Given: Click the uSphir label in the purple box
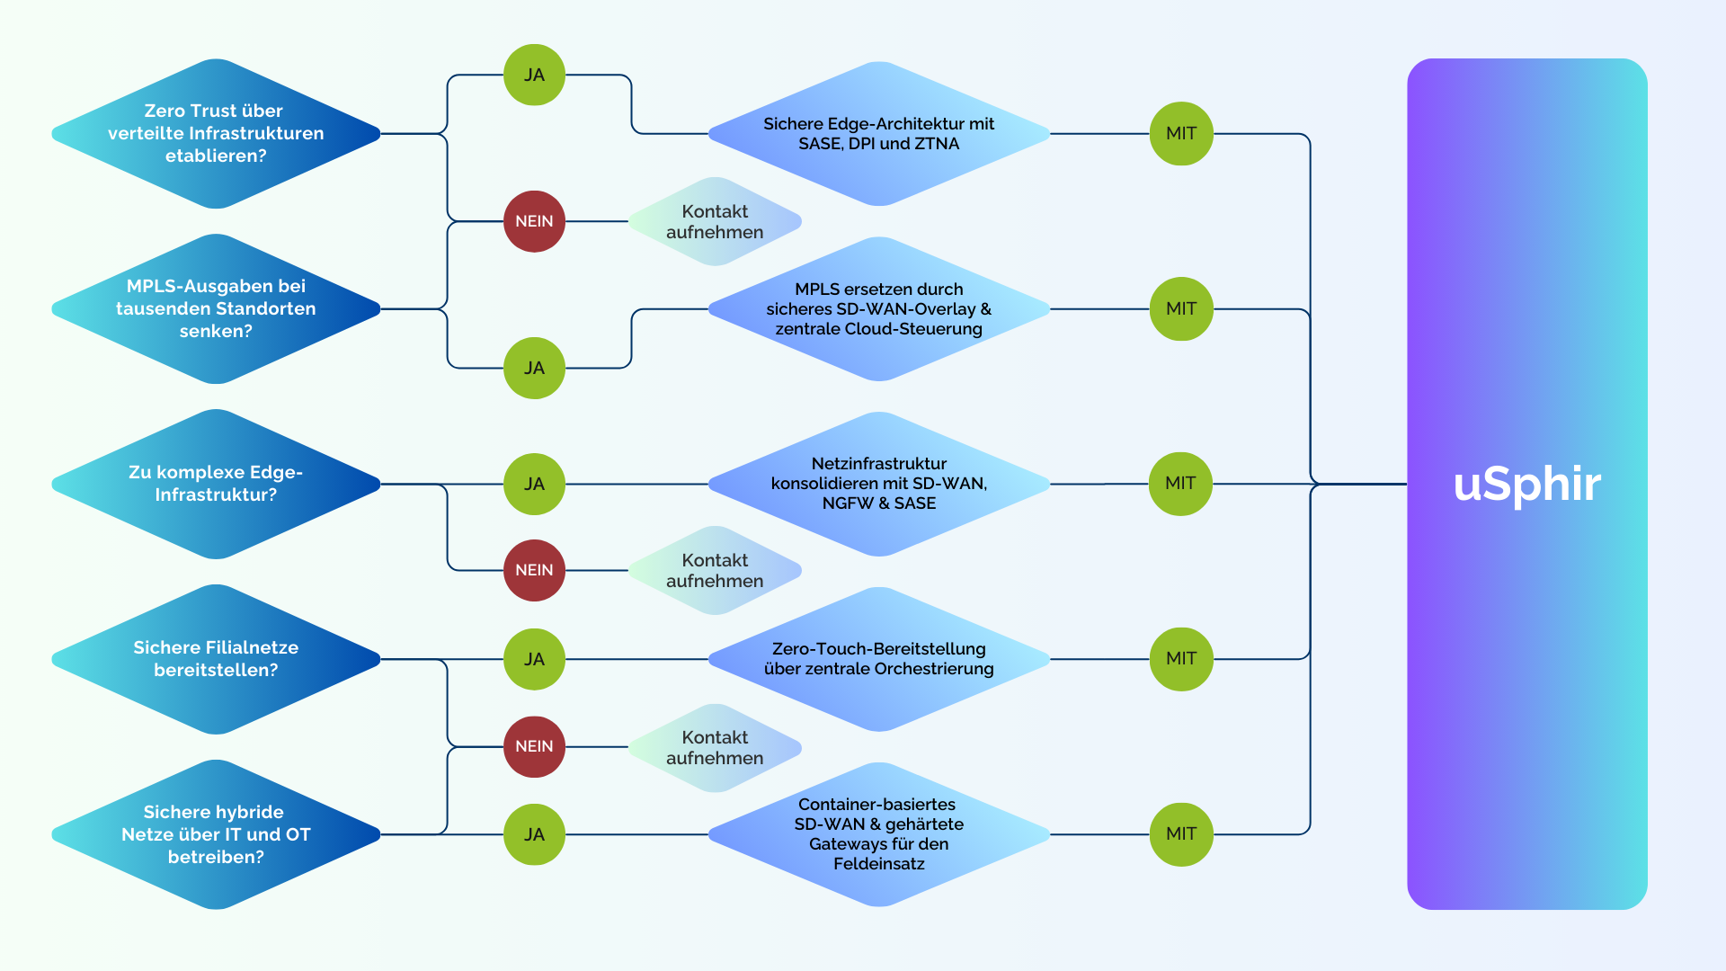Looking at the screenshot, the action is (1526, 484).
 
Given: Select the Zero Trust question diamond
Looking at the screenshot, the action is (216, 134).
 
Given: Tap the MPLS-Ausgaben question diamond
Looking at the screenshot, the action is (216, 309).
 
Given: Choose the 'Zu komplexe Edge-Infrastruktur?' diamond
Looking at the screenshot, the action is (216, 484).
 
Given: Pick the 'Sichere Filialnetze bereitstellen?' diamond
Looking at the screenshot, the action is (216, 659).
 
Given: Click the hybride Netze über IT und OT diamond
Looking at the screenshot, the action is (216, 834).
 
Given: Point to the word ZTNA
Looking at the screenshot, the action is (937, 144).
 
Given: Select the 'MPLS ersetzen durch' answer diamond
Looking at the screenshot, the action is (879, 309).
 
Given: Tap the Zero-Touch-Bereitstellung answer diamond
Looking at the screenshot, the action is (879, 659).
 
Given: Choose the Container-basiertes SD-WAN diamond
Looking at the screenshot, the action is (879, 834).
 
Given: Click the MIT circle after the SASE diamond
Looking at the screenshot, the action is (1181, 134).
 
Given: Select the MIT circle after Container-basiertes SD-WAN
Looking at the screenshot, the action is (1181, 834).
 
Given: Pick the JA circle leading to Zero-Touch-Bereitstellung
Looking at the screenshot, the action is (534, 659).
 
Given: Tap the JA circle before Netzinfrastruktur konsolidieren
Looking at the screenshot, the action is (534, 484).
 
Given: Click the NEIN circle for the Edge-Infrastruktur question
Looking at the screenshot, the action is (534, 570).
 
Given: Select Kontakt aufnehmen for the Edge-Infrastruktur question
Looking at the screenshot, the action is (715, 570).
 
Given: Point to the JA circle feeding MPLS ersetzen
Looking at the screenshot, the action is (534, 368).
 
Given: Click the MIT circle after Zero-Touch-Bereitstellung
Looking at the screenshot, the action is (1181, 659).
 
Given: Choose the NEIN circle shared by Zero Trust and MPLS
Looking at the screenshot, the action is (534, 221).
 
